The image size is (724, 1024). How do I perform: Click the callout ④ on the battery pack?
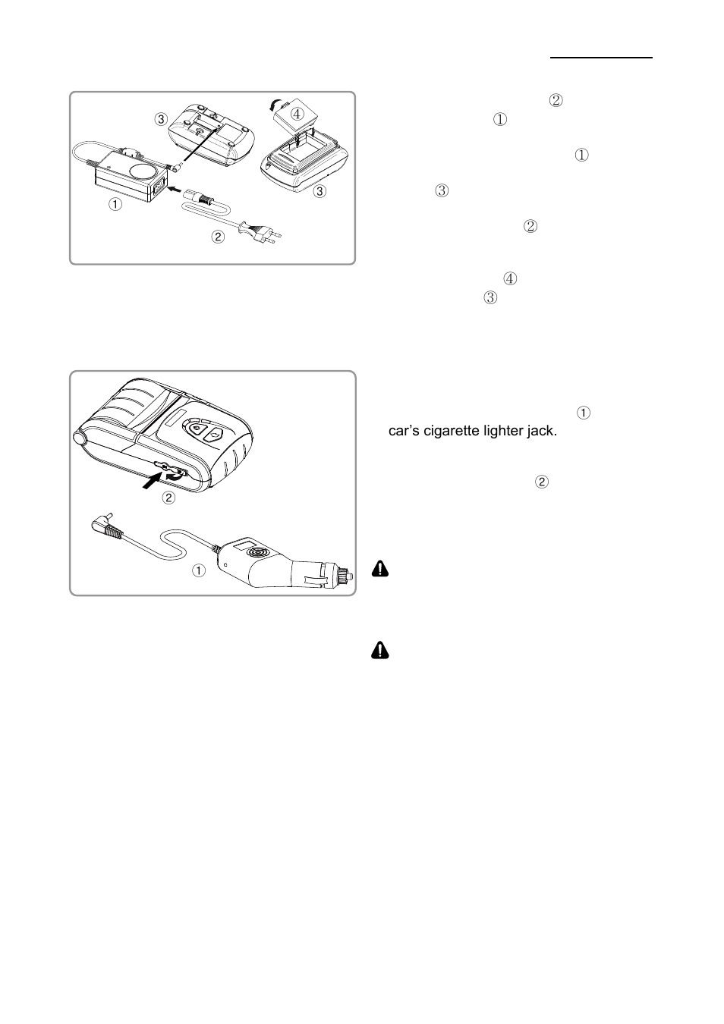297,113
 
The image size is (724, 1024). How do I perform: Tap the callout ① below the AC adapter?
115,204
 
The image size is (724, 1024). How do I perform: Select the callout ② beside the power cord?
218,237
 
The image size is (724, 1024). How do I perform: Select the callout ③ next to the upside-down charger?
160,119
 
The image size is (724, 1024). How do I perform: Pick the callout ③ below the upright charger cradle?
320,191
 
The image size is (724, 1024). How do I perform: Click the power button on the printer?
197,429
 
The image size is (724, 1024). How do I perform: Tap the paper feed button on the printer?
215,435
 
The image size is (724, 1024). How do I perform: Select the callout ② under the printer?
169,498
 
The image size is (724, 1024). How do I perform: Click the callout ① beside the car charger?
198,571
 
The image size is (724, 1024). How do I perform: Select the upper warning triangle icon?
380,570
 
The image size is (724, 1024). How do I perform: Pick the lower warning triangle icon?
380,650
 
